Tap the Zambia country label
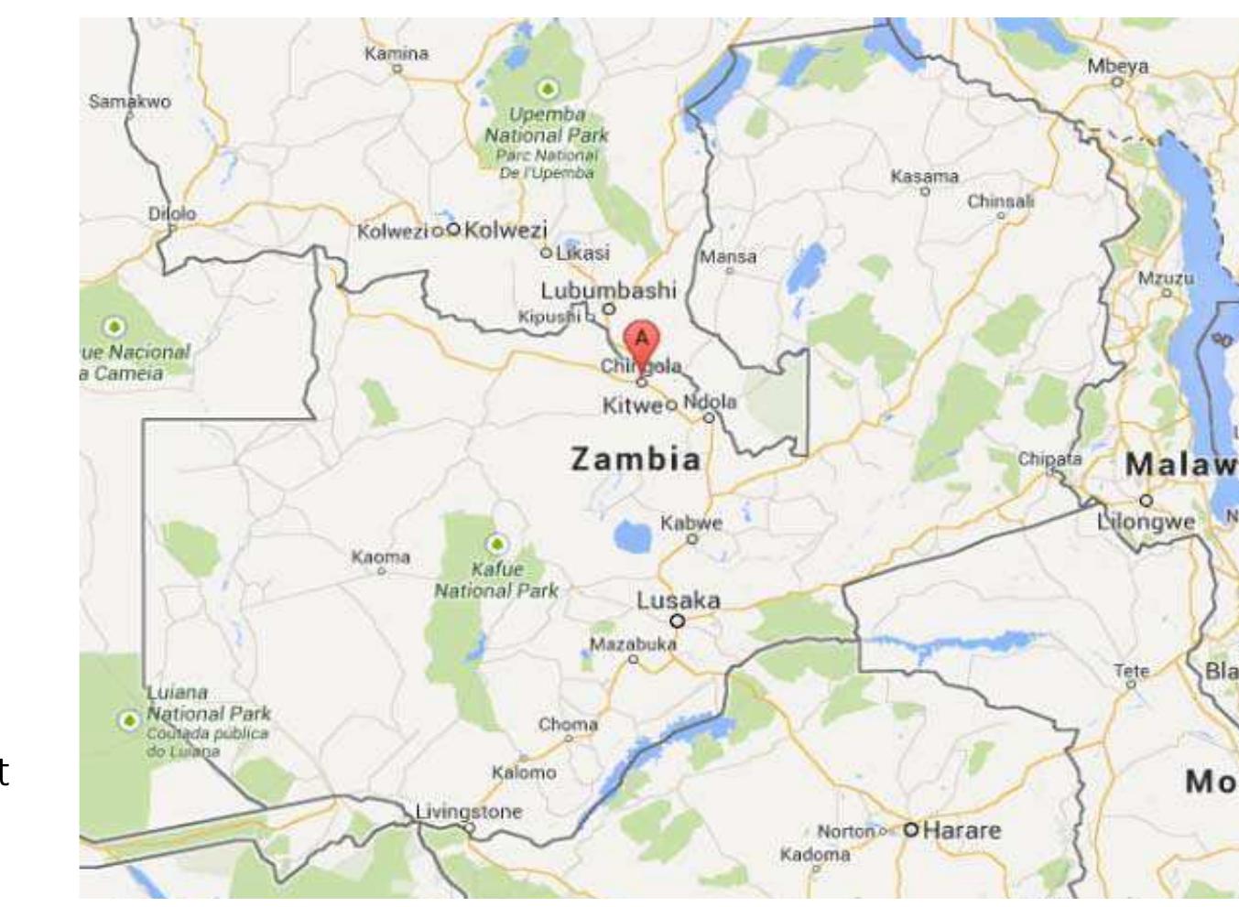(636, 459)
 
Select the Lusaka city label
(679, 601)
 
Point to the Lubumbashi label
(608, 291)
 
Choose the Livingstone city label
(469, 811)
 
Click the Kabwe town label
(691, 524)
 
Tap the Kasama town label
(925, 176)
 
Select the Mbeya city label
(1118, 66)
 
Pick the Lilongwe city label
(1146, 522)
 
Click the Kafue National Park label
(495, 580)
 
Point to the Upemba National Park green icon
(548, 89)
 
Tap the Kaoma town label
(381, 556)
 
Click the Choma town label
(568, 724)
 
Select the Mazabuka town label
(633, 644)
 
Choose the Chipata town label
(1050, 459)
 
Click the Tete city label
(1131, 671)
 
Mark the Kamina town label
(397, 53)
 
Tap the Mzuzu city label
(1166, 278)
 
